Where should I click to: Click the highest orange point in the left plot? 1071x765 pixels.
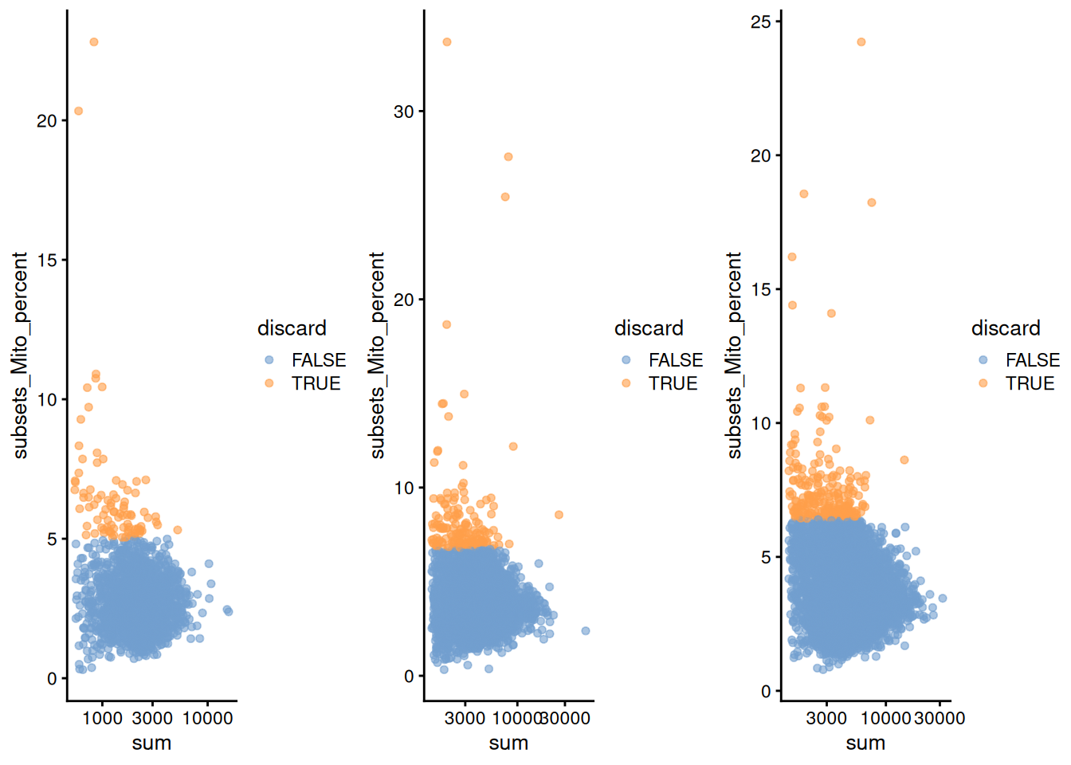(x=94, y=42)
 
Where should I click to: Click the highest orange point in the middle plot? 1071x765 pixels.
(x=447, y=42)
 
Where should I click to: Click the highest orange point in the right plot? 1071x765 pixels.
(x=861, y=42)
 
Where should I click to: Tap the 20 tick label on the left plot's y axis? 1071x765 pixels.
(x=47, y=121)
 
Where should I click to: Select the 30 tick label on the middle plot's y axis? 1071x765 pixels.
(x=404, y=112)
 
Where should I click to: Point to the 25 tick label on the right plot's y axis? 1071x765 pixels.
(x=761, y=22)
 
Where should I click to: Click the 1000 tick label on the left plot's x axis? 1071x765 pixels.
(x=103, y=718)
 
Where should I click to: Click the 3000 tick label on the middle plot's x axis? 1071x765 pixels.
(x=465, y=718)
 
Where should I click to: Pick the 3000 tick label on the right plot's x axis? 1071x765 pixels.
(x=826, y=718)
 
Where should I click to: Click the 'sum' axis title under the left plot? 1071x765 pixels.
(x=151, y=743)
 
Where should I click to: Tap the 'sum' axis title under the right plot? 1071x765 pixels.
(x=865, y=743)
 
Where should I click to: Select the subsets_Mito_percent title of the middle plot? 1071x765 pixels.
(x=377, y=355)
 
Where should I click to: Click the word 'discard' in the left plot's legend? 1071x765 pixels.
(x=292, y=328)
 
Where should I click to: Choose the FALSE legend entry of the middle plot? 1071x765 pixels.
(x=675, y=360)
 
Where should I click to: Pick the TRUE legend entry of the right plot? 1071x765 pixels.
(x=1030, y=383)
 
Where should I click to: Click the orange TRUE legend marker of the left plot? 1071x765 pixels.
(x=269, y=383)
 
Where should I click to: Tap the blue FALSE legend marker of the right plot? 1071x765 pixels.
(x=983, y=360)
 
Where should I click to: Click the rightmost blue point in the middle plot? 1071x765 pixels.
(x=586, y=631)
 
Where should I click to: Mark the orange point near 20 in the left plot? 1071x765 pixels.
(x=78, y=111)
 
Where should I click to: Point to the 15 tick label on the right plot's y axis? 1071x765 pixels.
(x=761, y=290)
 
